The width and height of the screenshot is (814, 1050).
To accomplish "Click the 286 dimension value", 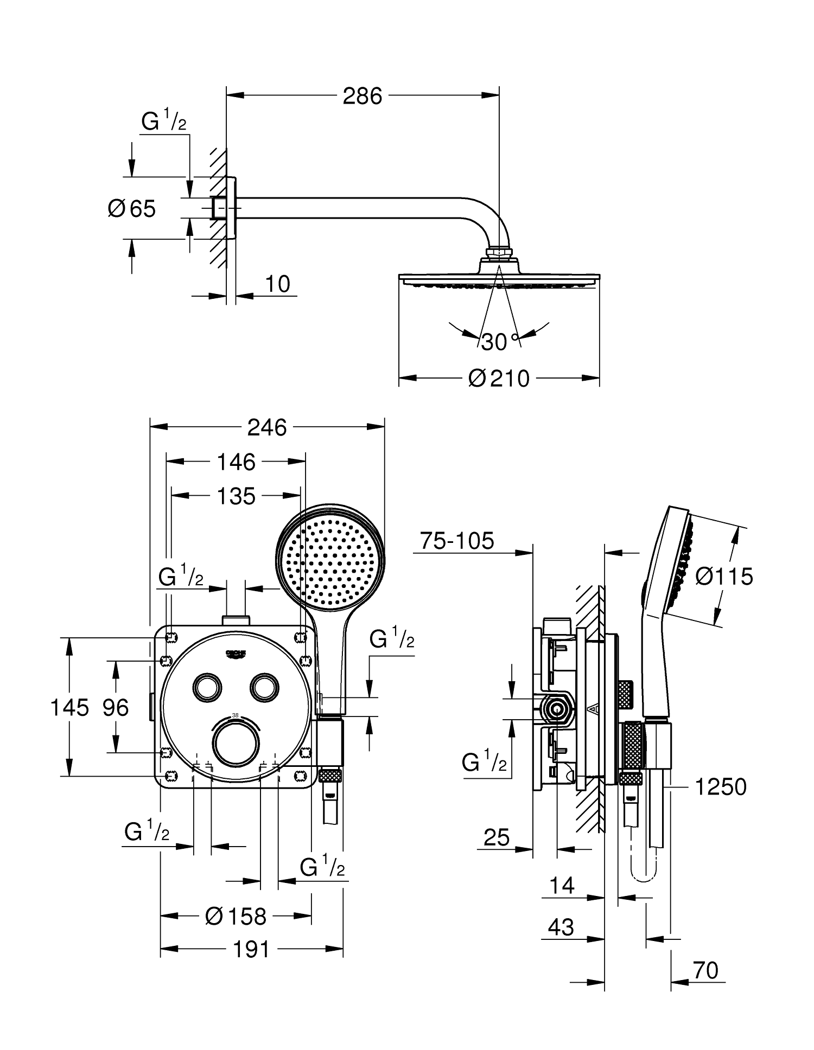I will (363, 96).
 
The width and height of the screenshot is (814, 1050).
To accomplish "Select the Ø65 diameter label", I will (132, 208).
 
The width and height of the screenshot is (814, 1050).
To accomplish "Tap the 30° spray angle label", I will (499, 342).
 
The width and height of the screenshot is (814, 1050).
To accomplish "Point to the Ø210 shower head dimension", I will (499, 379).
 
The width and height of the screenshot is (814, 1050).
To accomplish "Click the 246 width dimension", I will (267, 428).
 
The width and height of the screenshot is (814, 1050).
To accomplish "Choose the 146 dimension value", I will (236, 462).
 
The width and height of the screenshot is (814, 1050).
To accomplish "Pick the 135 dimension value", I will (236, 496).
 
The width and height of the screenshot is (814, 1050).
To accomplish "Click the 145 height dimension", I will (69, 707).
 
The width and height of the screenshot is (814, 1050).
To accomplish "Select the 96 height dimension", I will (116, 707).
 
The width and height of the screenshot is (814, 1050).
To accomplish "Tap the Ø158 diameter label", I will (236, 917).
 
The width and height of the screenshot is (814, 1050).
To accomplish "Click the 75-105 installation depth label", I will (457, 541).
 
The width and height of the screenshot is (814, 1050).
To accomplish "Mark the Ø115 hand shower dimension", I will (724, 576).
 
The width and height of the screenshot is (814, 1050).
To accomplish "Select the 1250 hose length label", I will (721, 786).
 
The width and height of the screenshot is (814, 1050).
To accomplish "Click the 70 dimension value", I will (705, 970).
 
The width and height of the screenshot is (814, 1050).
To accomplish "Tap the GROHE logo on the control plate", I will (236, 654).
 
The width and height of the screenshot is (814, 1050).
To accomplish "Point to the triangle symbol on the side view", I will (593, 708).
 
